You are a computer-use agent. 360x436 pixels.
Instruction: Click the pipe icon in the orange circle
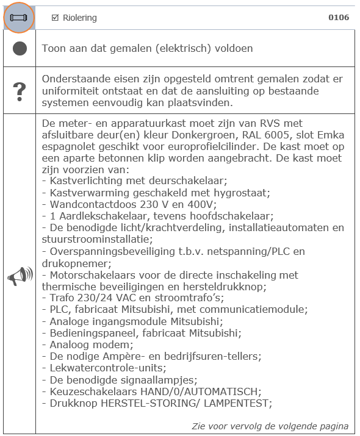[20, 18]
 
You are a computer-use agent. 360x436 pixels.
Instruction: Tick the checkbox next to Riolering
[55, 18]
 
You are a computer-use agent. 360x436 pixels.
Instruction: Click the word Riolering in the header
[80, 18]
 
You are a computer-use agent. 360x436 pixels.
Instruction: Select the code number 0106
[339, 18]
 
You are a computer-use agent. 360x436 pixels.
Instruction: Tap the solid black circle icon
[20, 49]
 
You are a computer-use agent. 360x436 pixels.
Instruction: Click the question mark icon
[20, 90]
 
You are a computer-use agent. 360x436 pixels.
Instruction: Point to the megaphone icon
[20, 276]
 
